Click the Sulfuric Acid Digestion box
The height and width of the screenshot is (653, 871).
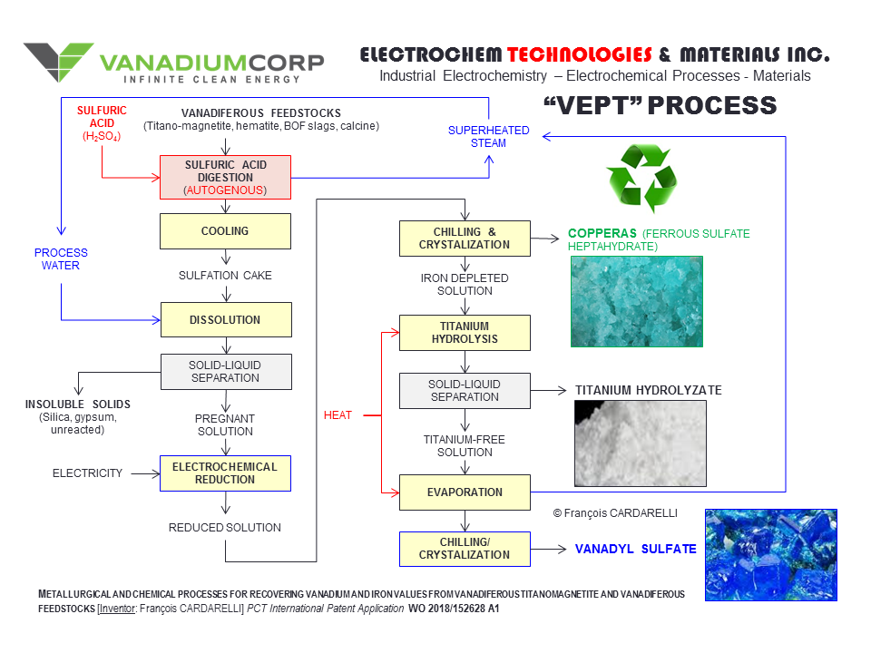[x=225, y=177]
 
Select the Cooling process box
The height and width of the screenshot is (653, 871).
[x=225, y=231]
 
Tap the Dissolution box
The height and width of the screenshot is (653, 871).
[x=225, y=320]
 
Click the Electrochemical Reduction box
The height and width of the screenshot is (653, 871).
[x=225, y=473]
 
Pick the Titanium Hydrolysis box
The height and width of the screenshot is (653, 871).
[x=465, y=333]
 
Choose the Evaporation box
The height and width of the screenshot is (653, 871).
[x=465, y=492]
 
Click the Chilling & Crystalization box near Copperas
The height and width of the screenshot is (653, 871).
[x=465, y=238]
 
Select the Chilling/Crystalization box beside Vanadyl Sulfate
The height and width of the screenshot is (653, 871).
[x=465, y=548]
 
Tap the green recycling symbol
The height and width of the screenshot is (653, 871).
[x=641, y=179]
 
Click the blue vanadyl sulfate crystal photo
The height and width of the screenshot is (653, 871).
[x=770, y=554]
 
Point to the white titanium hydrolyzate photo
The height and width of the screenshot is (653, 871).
[x=640, y=443]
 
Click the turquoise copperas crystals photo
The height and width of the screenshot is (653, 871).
[x=636, y=301]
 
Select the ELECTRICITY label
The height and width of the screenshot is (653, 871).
[x=87, y=473]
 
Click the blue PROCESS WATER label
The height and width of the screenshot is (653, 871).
[x=62, y=258]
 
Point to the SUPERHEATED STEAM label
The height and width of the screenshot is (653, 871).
[x=489, y=137]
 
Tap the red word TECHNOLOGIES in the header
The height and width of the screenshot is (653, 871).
[x=580, y=54]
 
